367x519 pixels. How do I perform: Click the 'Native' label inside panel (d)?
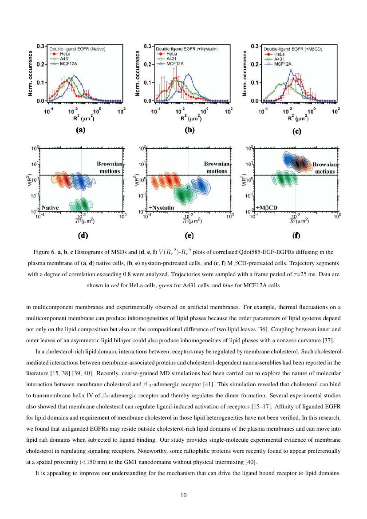[51, 207]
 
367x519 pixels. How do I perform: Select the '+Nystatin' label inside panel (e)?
[161, 207]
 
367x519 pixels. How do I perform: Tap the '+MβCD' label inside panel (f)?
[268, 207]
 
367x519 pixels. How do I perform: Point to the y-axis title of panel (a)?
[31, 73]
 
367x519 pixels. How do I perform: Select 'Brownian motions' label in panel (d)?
[108, 167]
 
